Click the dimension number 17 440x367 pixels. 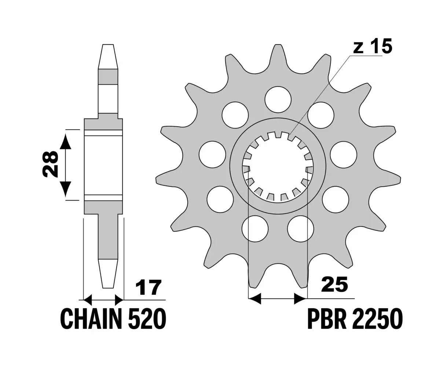(148, 287)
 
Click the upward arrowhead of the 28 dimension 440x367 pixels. (65, 142)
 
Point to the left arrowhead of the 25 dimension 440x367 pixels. (254, 299)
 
